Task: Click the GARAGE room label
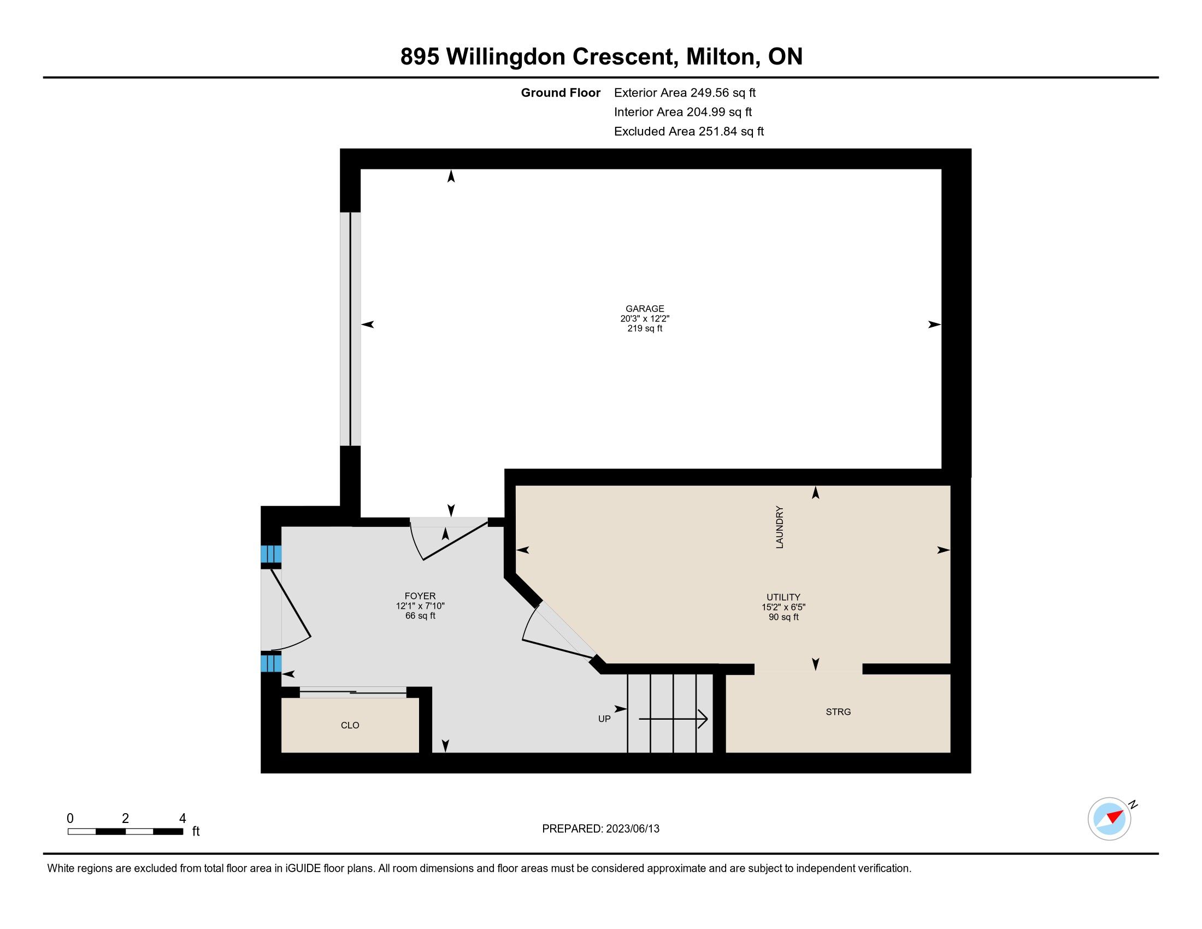(x=645, y=309)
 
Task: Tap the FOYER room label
(x=420, y=596)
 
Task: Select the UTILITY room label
(x=783, y=597)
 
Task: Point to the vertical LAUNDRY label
(x=779, y=527)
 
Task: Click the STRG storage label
(x=838, y=712)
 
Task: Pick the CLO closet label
(x=350, y=725)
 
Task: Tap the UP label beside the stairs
(x=604, y=719)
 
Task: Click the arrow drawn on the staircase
(x=673, y=719)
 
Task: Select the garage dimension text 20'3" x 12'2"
(x=645, y=319)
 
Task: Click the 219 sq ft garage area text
(x=645, y=328)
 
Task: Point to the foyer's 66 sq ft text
(x=420, y=616)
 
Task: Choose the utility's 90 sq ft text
(x=783, y=617)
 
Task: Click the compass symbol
(x=1110, y=819)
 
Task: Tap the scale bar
(x=126, y=831)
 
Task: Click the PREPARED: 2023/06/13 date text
(x=600, y=829)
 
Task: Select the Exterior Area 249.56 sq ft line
(x=685, y=93)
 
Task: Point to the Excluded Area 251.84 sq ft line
(x=689, y=132)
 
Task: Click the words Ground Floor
(x=560, y=93)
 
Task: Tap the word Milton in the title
(x=720, y=57)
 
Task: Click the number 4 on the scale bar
(x=182, y=819)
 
